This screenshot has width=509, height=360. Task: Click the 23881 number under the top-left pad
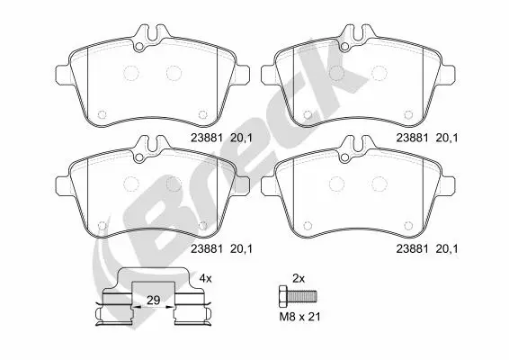(x=207, y=138)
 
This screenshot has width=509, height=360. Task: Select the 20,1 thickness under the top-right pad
(x=446, y=138)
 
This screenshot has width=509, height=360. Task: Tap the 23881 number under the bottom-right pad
(x=412, y=249)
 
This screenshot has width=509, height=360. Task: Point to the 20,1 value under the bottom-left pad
(x=241, y=249)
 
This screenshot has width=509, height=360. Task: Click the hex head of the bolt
(x=283, y=296)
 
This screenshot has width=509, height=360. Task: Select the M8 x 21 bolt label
(x=300, y=317)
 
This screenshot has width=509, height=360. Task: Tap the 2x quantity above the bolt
(x=299, y=278)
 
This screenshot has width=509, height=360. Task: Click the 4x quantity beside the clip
(x=205, y=278)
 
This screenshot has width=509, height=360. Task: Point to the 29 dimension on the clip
(x=153, y=301)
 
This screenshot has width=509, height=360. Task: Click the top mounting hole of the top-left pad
(x=138, y=47)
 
